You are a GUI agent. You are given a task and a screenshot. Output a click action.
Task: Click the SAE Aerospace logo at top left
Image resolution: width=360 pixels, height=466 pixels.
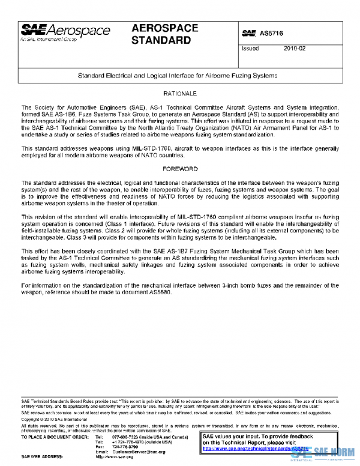click(x=57, y=32)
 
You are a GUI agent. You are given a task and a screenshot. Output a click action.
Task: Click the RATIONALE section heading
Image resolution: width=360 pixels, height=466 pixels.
click(x=180, y=94)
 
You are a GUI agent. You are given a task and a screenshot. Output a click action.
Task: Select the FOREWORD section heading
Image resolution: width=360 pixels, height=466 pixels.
click(x=180, y=169)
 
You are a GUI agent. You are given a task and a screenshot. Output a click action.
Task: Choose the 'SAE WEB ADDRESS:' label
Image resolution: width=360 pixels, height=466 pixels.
click(x=41, y=456)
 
